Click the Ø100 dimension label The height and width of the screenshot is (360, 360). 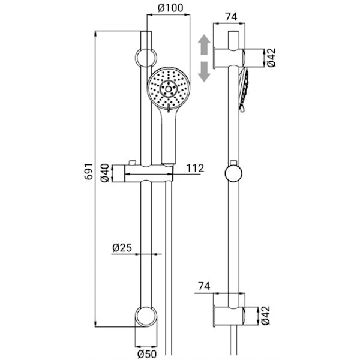[x=170, y=8]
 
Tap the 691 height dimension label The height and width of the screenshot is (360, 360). [x=89, y=171]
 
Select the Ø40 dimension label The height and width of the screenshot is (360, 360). [x=104, y=173]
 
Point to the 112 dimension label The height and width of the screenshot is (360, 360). [x=195, y=168]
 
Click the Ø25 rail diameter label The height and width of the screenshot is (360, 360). [x=122, y=248]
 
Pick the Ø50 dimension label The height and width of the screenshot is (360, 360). [x=146, y=354]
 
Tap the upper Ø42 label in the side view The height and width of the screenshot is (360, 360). [x=271, y=58]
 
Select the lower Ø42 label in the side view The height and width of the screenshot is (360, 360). [x=266, y=315]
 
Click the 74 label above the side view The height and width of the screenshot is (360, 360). [x=231, y=17]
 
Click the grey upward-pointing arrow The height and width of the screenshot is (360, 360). [x=204, y=44]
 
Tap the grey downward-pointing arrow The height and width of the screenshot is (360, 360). [x=204, y=71]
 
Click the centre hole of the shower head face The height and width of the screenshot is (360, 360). [x=169, y=89]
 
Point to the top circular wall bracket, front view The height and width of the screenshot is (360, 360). [x=146, y=58]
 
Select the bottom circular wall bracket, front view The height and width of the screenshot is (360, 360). [x=146, y=316]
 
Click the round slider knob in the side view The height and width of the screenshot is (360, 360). [x=233, y=173]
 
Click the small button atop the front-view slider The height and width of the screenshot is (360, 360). [x=132, y=163]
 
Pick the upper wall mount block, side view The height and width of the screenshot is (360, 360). [x=229, y=58]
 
